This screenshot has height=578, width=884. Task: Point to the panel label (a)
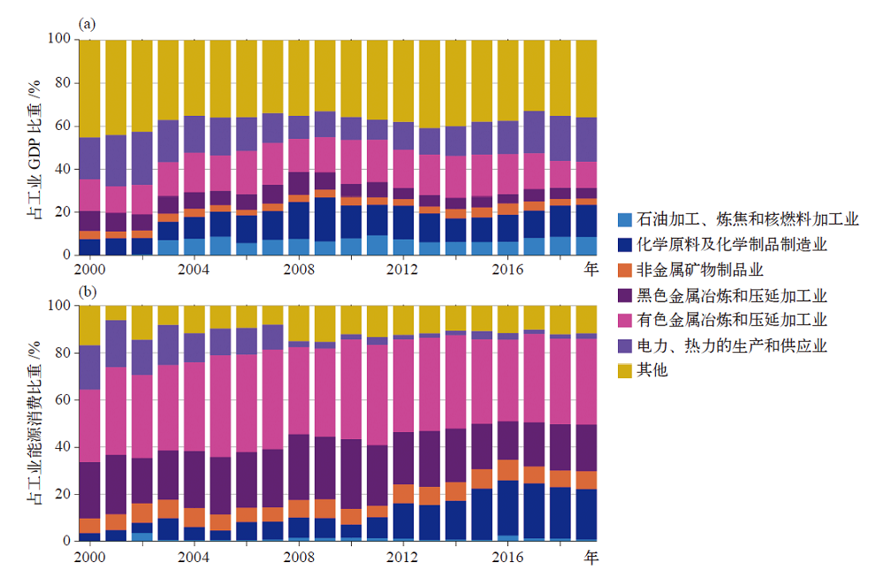point(87,24)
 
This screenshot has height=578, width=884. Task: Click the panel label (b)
point(87,291)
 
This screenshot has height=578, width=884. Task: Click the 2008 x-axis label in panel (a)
point(300,269)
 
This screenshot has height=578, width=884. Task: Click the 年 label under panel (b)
point(591,559)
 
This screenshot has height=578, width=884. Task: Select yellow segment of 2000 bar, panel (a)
point(90,88)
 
